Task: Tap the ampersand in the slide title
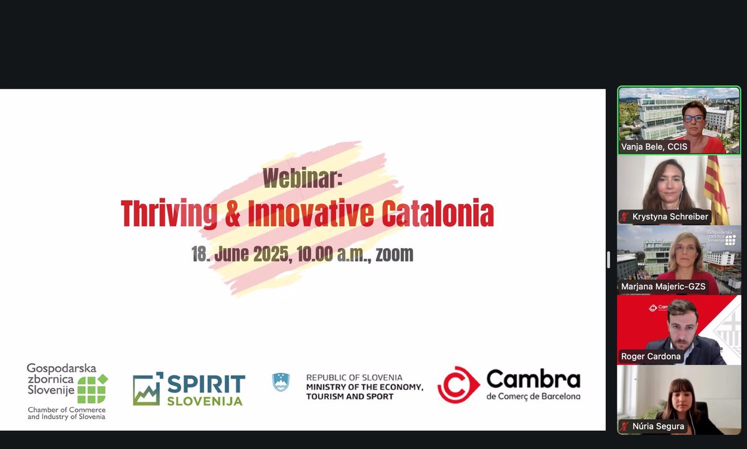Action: pos(231,213)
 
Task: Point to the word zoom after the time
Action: pos(394,254)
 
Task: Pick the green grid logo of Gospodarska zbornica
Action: pos(92,389)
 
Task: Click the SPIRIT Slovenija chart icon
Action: pos(148,389)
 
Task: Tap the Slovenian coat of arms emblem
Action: pos(281,382)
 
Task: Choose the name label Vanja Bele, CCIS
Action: pos(655,147)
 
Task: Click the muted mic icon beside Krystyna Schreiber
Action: pos(624,217)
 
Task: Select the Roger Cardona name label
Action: pos(651,356)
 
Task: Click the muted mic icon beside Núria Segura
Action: pos(624,427)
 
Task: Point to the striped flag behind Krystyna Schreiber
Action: pos(716,187)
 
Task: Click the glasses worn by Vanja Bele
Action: pos(693,118)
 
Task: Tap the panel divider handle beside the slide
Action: pos(608,259)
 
